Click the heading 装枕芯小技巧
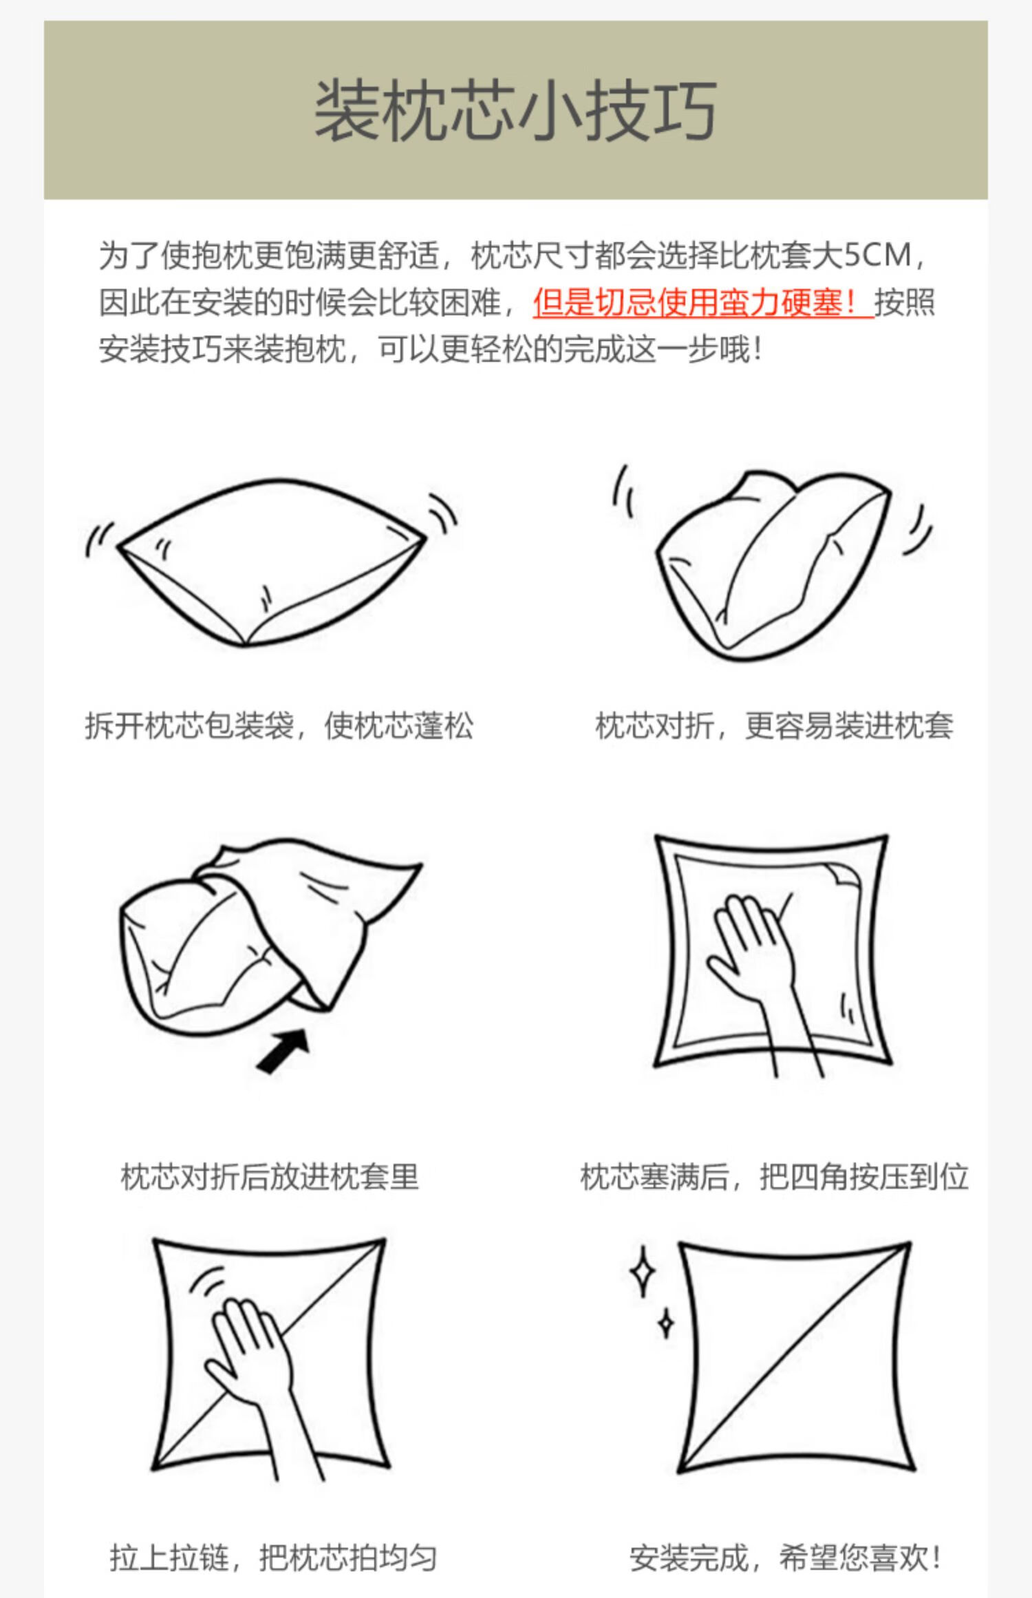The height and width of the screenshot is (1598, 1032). pos(516,110)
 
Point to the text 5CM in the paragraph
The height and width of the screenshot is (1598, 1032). pos(878,255)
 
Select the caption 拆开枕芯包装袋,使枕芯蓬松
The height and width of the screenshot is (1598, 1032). pos(279,725)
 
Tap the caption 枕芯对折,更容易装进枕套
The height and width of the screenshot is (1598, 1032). pos(774,725)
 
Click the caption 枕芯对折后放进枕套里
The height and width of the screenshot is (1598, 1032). pos(270,1177)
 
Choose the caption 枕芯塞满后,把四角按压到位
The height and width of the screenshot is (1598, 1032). pos(774,1177)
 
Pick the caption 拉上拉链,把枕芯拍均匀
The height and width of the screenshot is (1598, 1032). pos(273,1558)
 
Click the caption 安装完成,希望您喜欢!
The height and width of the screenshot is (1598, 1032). pos(784,1558)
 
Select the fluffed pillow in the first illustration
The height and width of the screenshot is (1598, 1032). pos(272,561)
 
